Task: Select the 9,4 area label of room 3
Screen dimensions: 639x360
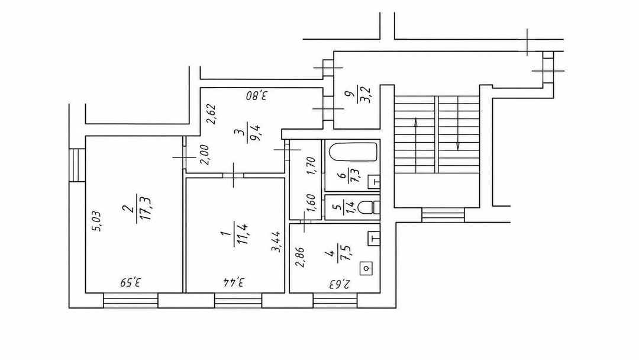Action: tap(257, 133)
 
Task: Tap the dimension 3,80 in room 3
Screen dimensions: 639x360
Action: tap(257, 97)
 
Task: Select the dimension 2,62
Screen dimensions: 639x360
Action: tap(211, 114)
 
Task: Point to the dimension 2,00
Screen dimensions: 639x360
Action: tap(205, 155)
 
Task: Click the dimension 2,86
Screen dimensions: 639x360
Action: tap(301, 258)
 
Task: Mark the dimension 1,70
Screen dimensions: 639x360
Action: tap(311, 166)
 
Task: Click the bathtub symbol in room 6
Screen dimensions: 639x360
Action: tap(352, 152)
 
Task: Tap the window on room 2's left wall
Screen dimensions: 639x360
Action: tap(77, 165)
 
